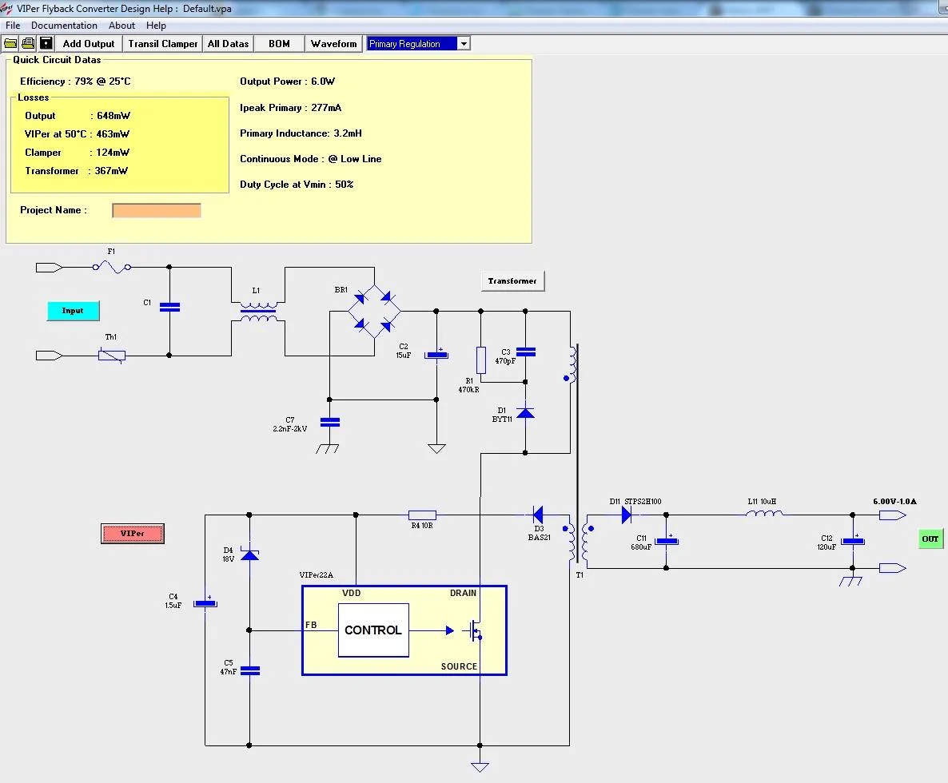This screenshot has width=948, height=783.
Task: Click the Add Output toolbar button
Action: pos(89,44)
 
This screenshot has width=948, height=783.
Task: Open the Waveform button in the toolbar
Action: pos(333,44)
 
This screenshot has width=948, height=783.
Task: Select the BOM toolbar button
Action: pos(279,44)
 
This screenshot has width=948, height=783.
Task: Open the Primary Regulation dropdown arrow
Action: pos(464,44)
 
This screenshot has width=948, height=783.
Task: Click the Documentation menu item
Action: pos(64,26)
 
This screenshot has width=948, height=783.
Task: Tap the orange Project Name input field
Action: pos(157,210)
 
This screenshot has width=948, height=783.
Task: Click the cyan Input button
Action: pos(73,310)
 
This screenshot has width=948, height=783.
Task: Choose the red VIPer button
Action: pos(133,533)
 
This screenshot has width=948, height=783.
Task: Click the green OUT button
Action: pos(930,539)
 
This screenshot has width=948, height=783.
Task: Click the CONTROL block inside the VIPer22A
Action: pos(373,630)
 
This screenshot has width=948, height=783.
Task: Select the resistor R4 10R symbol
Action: pos(422,515)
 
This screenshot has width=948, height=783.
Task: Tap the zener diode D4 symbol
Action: pos(249,553)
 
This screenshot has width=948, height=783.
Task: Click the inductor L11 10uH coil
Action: pos(764,515)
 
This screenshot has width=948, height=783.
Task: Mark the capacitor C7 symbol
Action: pos(329,422)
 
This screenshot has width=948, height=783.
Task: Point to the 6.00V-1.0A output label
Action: pos(894,502)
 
